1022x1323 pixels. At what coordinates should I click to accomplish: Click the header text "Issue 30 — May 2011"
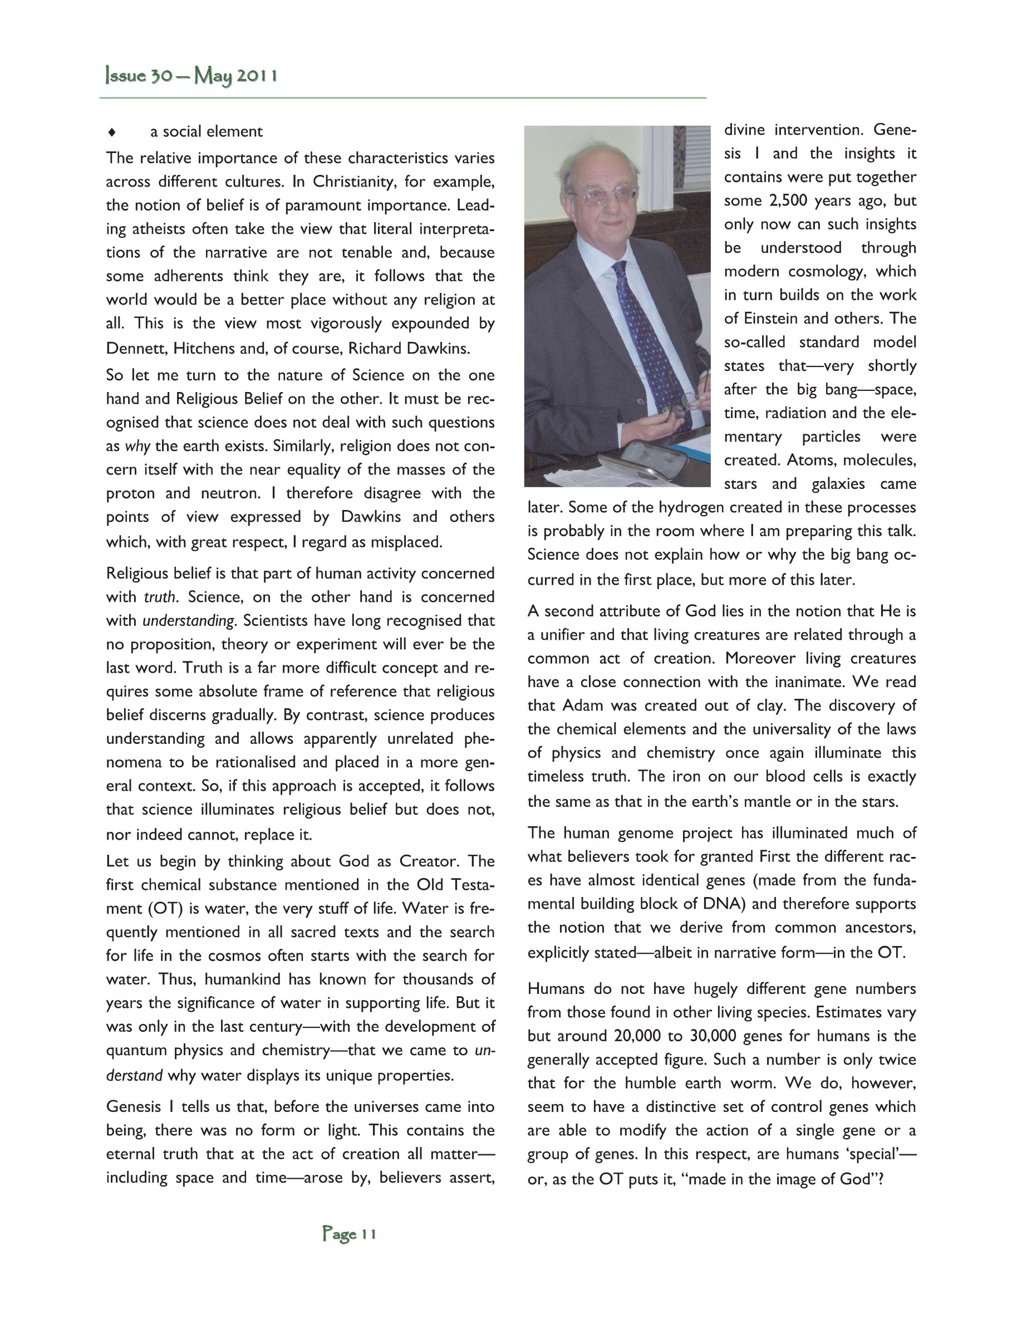click(x=191, y=76)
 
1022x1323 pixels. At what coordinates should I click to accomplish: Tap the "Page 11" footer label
click(x=350, y=1233)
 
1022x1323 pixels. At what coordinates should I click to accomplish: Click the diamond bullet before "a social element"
click(x=111, y=132)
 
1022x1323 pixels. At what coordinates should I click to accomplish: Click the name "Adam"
click(x=583, y=705)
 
